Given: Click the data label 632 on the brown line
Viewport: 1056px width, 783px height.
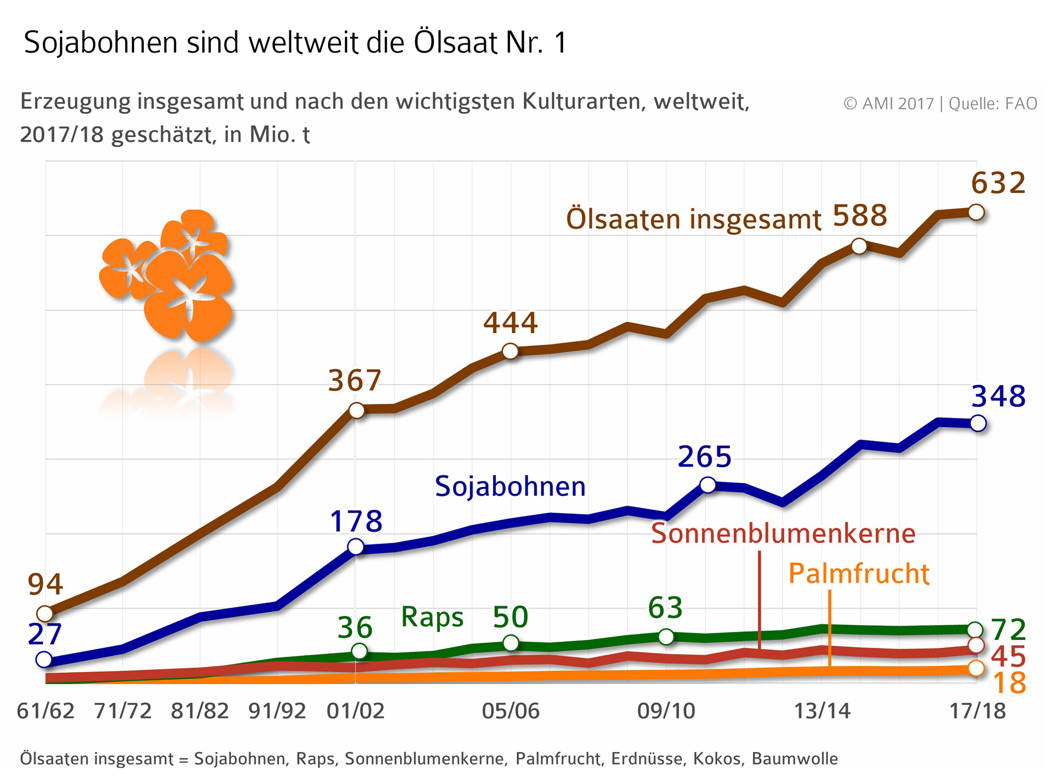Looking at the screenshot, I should (x=998, y=184).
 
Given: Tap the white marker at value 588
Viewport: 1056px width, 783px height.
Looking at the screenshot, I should (x=859, y=246).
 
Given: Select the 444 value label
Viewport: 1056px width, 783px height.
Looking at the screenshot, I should (x=510, y=323).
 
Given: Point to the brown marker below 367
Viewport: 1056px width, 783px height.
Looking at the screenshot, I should (x=356, y=411).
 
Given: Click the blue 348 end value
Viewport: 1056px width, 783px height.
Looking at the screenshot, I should (x=998, y=397).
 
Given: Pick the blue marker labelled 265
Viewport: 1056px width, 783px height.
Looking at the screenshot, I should (x=708, y=484).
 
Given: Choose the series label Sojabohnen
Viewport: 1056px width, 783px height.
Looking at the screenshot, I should (x=510, y=486).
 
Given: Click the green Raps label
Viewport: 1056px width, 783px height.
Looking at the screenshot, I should (x=432, y=617).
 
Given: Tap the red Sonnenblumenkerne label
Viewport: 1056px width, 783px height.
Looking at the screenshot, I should (x=783, y=533).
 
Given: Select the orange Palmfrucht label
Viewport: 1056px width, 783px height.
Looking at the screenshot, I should (x=859, y=574).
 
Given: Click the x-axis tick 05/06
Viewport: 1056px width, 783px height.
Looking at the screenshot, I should (x=510, y=711).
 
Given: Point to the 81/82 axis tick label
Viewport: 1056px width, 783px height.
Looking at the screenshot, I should (x=200, y=711).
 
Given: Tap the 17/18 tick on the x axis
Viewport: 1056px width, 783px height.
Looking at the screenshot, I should (x=977, y=711).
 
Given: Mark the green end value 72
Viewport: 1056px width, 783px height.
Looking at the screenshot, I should (x=1008, y=630).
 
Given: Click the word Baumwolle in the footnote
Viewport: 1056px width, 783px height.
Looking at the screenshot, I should (x=795, y=759).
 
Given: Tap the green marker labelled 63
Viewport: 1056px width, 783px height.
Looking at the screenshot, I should (x=666, y=637).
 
